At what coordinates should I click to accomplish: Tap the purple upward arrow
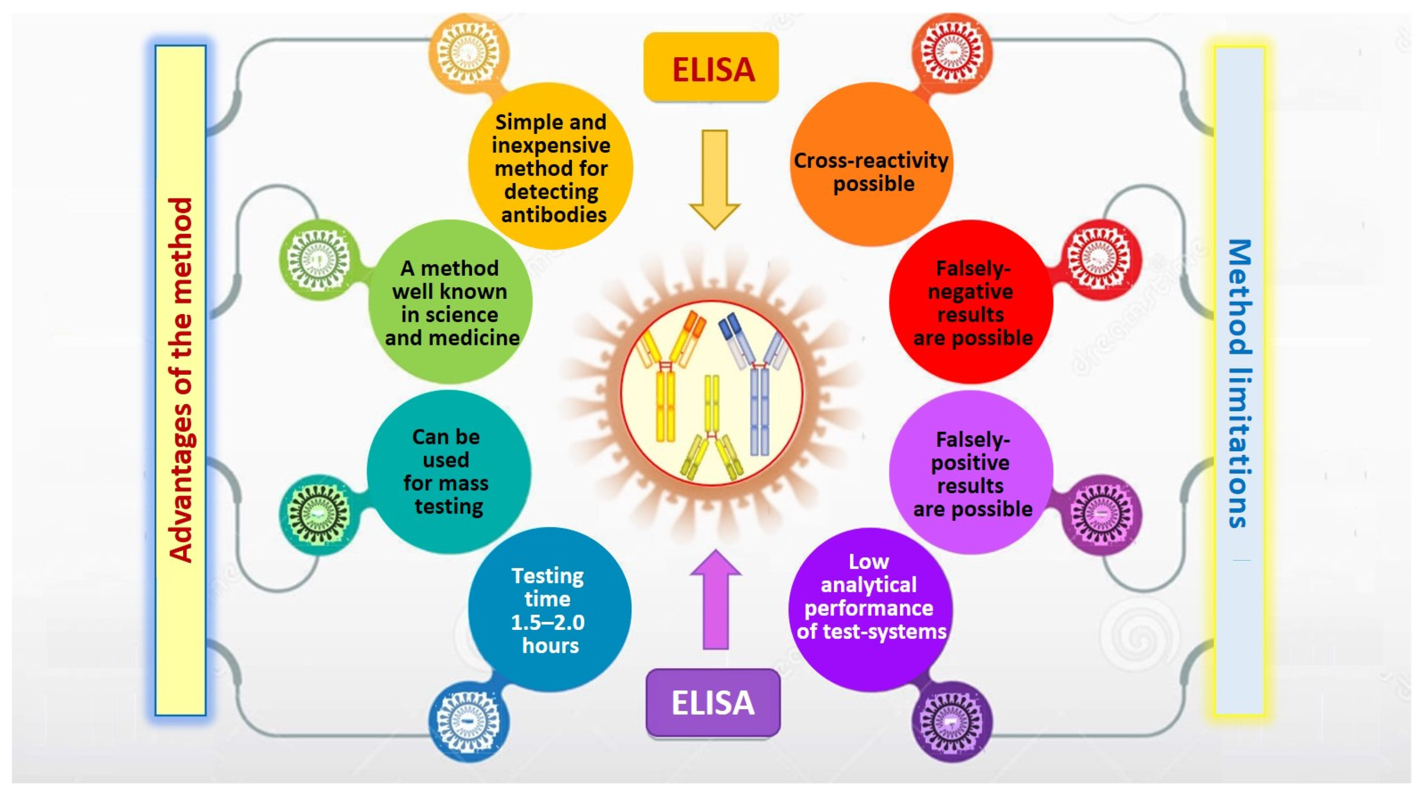715,600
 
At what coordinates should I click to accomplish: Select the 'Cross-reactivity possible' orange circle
871,164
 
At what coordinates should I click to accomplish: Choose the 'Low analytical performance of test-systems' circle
870,609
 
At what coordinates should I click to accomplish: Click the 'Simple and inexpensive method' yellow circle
550,166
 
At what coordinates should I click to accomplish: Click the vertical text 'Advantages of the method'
181,380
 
